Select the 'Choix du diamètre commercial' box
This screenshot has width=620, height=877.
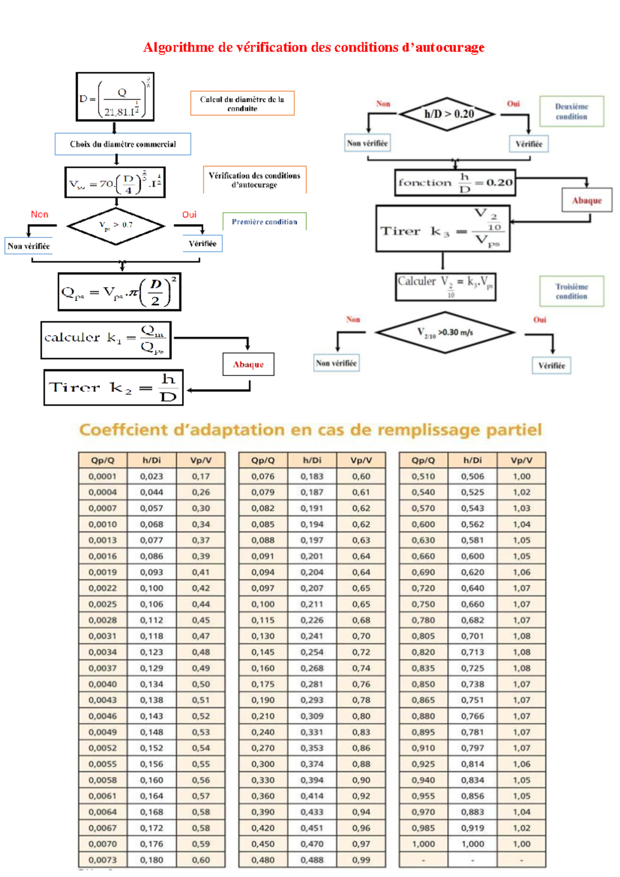[x=123, y=144]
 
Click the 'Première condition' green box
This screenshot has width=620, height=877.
[x=264, y=222]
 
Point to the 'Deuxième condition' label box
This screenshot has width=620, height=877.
[x=571, y=111]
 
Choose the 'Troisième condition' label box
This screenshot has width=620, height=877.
[x=571, y=291]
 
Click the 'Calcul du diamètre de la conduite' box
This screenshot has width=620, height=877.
[x=242, y=103]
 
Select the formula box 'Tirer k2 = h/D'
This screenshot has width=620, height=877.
[x=113, y=387]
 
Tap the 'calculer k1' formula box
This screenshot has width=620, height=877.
[x=106, y=340]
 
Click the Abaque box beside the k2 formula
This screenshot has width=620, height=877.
[x=249, y=365]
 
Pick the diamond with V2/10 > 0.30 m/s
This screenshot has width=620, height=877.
[x=445, y=332]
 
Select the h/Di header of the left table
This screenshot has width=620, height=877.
[x=152, y=460]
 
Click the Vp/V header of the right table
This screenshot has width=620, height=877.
[x=521, y=460]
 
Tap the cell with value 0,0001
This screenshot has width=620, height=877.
[x=102, y=476]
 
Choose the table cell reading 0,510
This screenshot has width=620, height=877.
[x=423, y=476]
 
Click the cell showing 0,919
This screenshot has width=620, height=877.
[x=473, y=828]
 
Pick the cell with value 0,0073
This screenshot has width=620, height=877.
[x=102, y=860]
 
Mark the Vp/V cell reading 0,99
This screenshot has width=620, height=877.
[x=361, y=860]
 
